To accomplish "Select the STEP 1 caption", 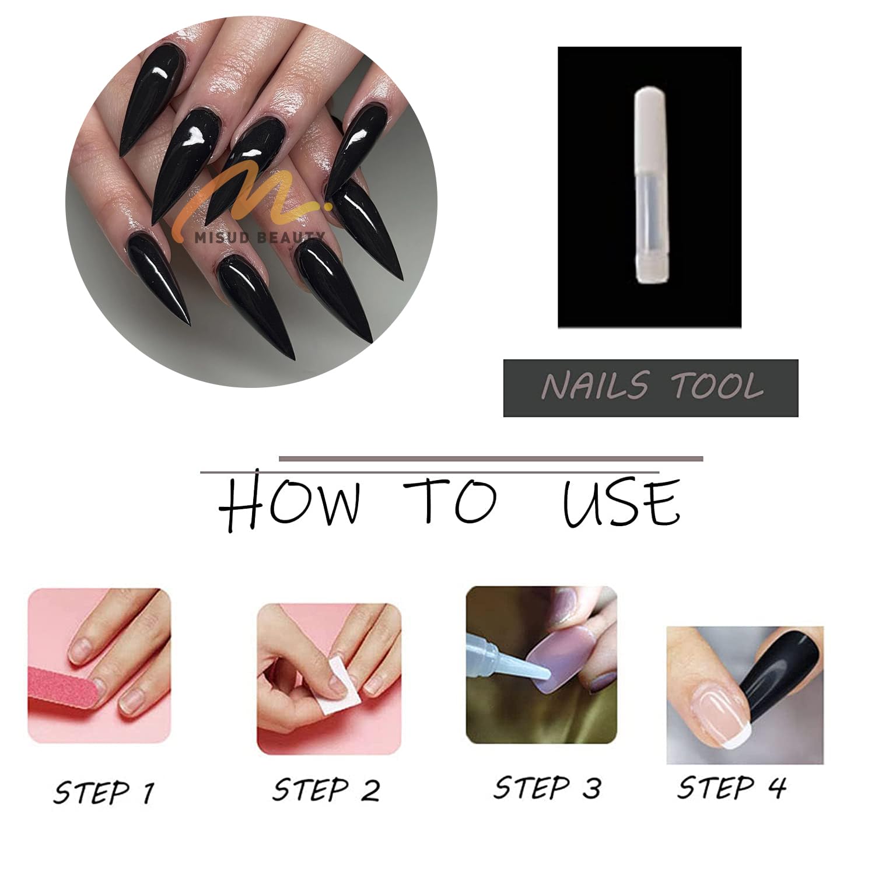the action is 104,793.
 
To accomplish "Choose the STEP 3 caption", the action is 547,787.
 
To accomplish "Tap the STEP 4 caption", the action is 731,787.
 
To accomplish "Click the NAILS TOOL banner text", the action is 652,387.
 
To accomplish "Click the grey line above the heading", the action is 491,459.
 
